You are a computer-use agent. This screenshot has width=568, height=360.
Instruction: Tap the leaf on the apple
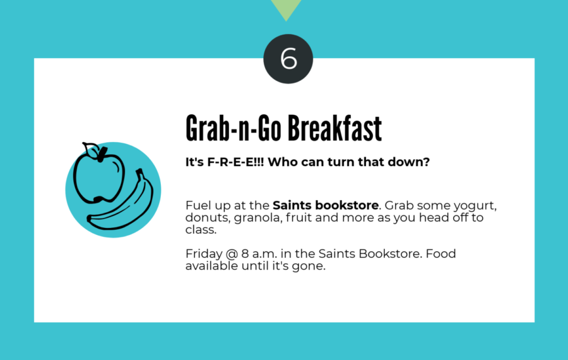click(x=90, y=149)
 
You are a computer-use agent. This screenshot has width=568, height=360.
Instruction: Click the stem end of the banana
click(x=139, y=171)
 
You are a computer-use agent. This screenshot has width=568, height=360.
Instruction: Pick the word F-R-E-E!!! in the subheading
click(x=235, y=162)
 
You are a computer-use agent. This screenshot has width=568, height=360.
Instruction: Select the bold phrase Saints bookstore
click(x=326, y=205)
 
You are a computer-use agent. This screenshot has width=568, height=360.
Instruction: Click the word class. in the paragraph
click(x=201, y=229)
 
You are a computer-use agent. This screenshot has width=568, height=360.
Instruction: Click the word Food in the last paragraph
click(x=441, y=253)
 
